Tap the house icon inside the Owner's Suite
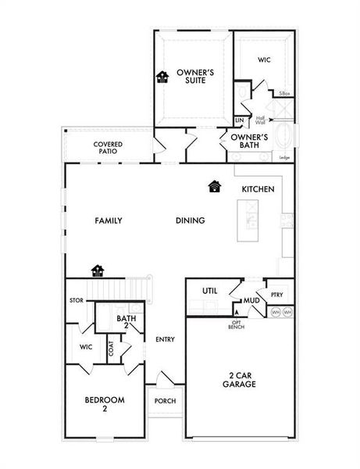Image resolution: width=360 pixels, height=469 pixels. click(x=163, y=77)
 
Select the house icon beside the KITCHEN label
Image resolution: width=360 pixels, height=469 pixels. click(x=215, y=187)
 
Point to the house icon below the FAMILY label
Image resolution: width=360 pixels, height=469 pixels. click(x=98, y=270)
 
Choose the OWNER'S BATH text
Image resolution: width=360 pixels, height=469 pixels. click(x=249, y=141)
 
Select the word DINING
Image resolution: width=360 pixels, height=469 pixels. click(x=190, y=220)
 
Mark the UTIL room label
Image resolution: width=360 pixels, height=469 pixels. click(x=209, y=291)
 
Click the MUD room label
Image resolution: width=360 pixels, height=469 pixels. click(x=251, y=299)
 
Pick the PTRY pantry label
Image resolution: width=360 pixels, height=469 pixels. click(x=276, y=295)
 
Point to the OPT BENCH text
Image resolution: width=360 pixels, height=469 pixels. click(x=237, y=324)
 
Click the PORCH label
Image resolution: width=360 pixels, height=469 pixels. click(x=165, y=401)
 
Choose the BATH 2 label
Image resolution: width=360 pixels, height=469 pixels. click(x=127, y=321)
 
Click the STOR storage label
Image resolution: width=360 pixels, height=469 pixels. click(x=76, y=299)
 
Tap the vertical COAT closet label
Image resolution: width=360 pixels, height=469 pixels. click(x=111, y=348)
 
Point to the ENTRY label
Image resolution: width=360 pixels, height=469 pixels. click(x=165, y=339)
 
